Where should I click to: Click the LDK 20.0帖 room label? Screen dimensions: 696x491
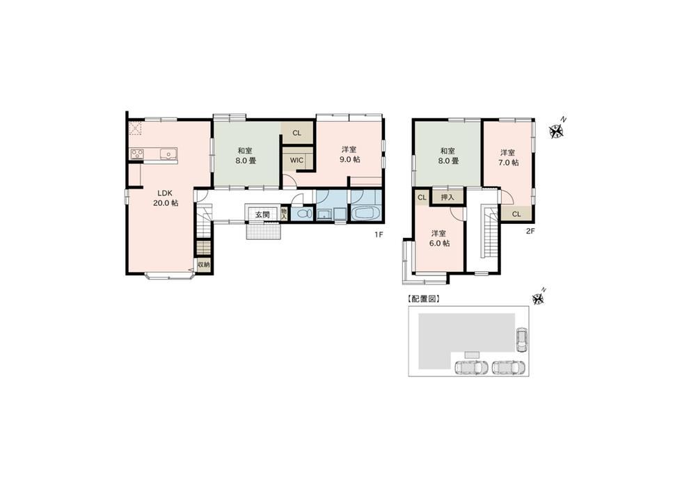(x=166, y=198)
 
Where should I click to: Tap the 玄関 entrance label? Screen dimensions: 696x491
(x=262, y=214)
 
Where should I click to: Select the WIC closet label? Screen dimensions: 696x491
(x=296, y=160)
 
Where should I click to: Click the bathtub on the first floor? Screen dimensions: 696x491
(x=366, y=212)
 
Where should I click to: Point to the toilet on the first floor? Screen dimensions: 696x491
(x=303, y=214)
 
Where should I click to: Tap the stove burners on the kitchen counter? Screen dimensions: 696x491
(x=136, y=154)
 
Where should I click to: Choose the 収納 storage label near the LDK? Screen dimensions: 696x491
(x=203, y=265)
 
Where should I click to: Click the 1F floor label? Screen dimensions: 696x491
(x=378, y=235)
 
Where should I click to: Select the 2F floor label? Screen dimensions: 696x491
(x=530, y=231)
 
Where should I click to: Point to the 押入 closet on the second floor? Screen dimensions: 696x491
(x=448, y=197)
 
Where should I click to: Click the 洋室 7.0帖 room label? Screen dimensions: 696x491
(x=508, y=157)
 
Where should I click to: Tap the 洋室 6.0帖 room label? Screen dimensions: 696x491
(x=439, y=238)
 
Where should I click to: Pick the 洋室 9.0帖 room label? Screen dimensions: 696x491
(x=350, y=154)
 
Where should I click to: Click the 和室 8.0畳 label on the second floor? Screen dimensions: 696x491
(x=448, y=156)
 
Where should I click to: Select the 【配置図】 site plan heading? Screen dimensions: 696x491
(x=423, y=299)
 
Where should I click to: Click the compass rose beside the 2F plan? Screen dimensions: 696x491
(x=556, y=131)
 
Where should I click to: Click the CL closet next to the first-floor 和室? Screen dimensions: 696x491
(x=297, y=133)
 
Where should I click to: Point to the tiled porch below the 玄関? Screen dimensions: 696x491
(x=264, y=231)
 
